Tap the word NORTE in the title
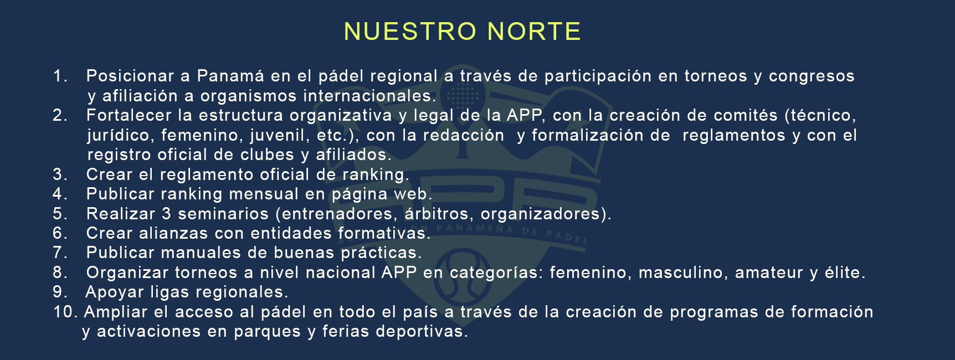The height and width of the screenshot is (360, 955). [x=534, y=32]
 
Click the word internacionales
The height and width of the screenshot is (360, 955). [x=369, y=96]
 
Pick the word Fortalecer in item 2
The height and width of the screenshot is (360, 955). [x=129, y=115]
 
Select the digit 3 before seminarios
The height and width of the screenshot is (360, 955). [x=167, y=214]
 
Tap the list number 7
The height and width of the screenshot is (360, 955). [x=60, y=253]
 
